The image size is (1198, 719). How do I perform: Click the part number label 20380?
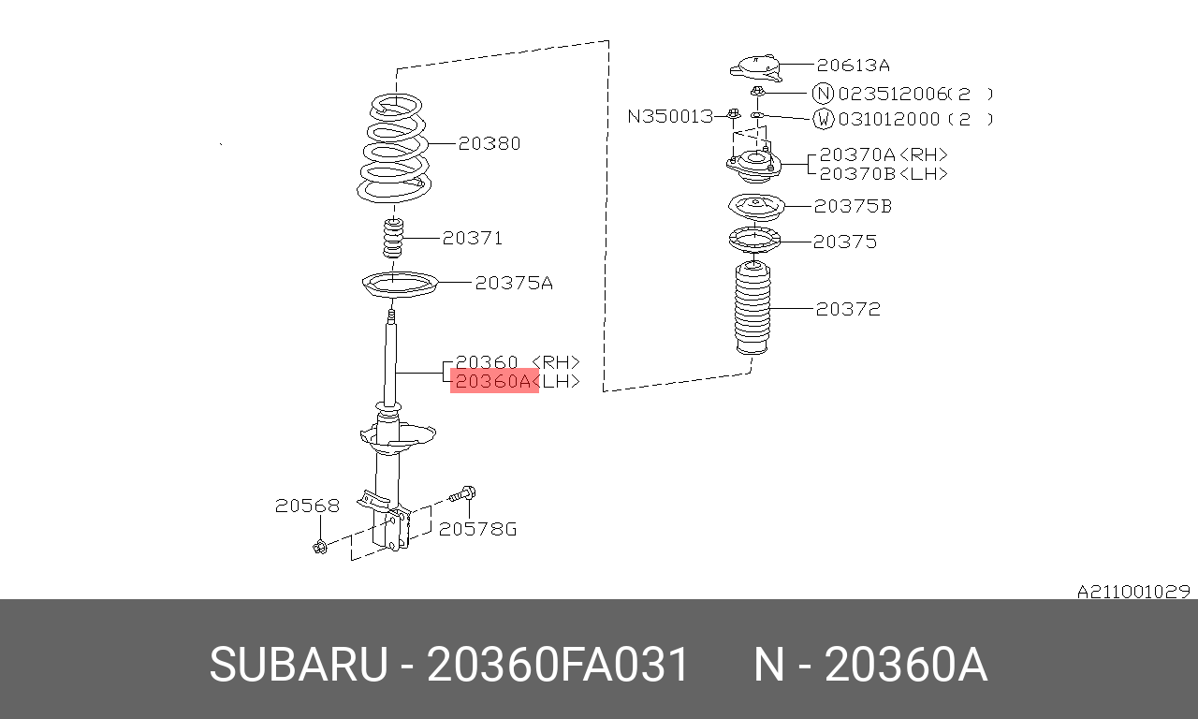[x=489, y=143]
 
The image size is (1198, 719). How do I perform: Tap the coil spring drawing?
[x=394, y=148]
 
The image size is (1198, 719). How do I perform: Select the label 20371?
[x=473, y=238]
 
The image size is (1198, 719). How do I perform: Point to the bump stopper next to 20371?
[x=393, y=238]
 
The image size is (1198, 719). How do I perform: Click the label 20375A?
[x=514, y=283]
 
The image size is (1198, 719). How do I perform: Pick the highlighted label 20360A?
[x=493, y=381]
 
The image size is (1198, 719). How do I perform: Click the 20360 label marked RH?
[x=518, y=362]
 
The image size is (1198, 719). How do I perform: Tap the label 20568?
[x=307, y=506]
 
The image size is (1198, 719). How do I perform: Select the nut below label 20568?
[x=320, y=547]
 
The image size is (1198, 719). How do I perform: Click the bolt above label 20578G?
[x=462, y=493]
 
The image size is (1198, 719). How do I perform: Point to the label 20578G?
[x=477, y=529]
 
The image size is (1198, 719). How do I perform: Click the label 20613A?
[x=854, y=65]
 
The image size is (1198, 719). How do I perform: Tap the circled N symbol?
[x=823, y=94]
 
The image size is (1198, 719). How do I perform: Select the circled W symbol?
[x=823, y=119]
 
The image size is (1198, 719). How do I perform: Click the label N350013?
[x=671, y=116]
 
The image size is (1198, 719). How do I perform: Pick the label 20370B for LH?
[x=884, y=173]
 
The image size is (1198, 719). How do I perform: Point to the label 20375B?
[x=853, y=206]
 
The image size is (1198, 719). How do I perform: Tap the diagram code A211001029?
[x=1133, y=592]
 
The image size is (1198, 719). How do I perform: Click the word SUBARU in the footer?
[x=299, y=664]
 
